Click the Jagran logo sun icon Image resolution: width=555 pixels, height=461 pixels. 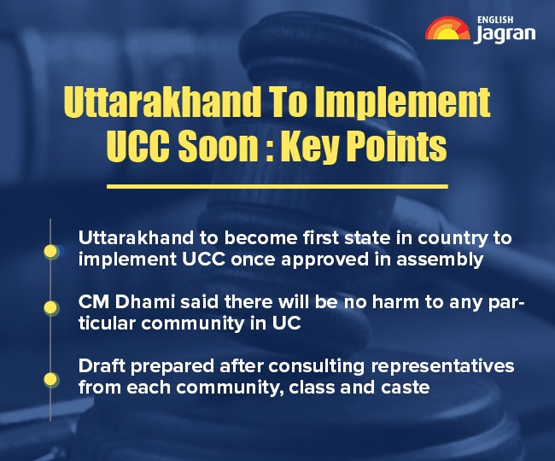coord(446,28)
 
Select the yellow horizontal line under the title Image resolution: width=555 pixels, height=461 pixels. coord(277,185)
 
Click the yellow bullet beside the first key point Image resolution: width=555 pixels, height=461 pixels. coord(51,251)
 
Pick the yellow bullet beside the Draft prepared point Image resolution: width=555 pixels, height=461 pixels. coord(51,377)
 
